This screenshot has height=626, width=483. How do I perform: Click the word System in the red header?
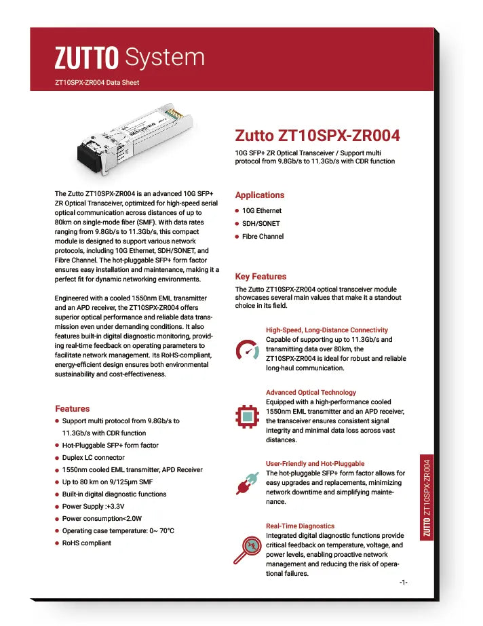click(166, 58)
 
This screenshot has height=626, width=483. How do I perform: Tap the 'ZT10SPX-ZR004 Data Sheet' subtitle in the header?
click(97, 83)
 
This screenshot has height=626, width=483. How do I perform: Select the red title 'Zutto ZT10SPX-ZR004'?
click(317, 136)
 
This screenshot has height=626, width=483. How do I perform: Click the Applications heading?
click(259, 195)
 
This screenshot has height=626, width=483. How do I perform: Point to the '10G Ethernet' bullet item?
click(261, 211)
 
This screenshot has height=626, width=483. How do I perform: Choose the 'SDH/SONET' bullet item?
click(260, 224)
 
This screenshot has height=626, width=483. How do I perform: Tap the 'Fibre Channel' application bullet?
click(263, 237)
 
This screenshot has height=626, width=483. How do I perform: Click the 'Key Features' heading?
click(260, 277)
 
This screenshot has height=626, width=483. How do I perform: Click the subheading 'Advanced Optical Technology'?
click(311, 393)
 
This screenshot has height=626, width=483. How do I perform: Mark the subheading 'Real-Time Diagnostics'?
click(300, 526)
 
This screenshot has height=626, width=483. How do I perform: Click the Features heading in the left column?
click(72, 409)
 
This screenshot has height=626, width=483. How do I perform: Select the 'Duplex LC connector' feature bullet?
click(94, 458)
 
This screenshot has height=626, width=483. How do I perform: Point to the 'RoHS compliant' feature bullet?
click(86, 543)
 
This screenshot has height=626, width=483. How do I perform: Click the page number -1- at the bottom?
click(403, 583)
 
